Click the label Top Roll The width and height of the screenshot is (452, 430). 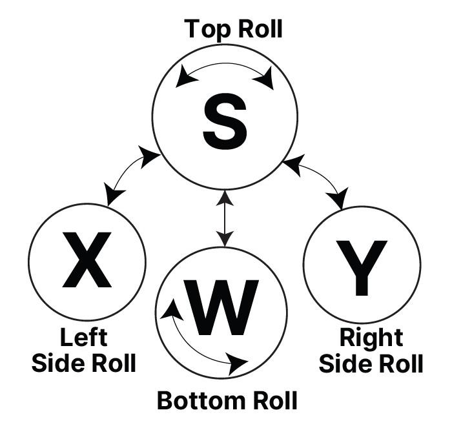click(233, 29)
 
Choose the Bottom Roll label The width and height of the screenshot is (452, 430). click(227, 400)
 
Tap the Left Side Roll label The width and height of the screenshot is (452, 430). click(84, 349)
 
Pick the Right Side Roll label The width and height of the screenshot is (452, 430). click(371, 349)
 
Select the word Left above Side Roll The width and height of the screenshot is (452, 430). click(84, 337)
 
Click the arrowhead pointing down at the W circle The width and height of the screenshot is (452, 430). click(224, 240)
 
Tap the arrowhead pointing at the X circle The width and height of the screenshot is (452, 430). click(114, 196)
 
